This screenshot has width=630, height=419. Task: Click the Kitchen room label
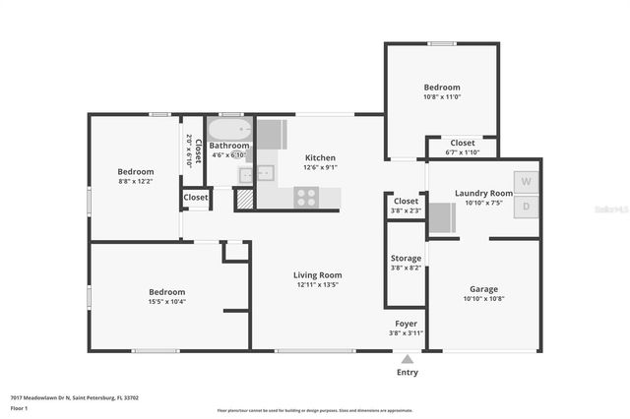point(320,157)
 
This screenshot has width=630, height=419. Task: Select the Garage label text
point(483,289)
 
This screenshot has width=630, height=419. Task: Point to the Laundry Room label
point(483,193)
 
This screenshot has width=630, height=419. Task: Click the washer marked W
point(527,182)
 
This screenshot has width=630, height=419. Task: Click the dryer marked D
point(527,206)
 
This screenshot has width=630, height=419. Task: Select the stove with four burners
point(306,197)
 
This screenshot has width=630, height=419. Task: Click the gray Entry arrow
point(408,360)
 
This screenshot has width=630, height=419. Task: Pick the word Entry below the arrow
point(408,373)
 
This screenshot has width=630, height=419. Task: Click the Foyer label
point(406,323)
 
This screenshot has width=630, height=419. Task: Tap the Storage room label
point(406,258)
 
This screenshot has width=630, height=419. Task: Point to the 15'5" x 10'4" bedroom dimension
point(167,301)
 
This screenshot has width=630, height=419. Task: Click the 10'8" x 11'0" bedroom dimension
point(442,96)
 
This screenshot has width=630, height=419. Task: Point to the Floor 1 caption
point(19,407)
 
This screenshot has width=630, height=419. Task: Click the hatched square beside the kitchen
point(244,199)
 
